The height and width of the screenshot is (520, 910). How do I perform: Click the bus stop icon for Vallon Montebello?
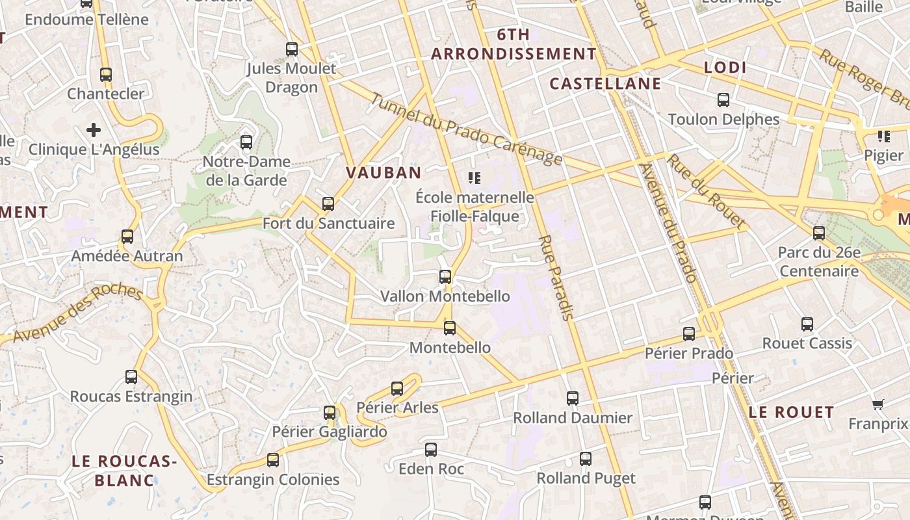(x=445, y=277)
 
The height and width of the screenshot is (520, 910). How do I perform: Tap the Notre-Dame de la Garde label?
(x=246, y=171)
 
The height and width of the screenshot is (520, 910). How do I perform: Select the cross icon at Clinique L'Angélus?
(x=94, y=130)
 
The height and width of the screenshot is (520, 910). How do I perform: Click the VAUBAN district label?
(x=383, y=172)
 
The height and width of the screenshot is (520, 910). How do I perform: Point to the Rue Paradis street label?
(x=556, y=278)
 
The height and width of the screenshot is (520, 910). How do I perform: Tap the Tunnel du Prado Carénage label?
(x=466, y=129)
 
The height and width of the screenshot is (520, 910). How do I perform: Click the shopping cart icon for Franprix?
(x=877, y=405)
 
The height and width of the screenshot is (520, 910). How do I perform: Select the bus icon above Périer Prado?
(x=689, y=334)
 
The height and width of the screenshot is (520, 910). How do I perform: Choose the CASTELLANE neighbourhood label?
(x=604, y=83)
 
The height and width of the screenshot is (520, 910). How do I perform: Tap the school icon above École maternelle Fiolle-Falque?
(x=474, y=177)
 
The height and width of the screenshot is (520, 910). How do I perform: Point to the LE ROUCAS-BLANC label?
(x=124, y=471)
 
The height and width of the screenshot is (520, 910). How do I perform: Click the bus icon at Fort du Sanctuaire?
(x=328, y=204)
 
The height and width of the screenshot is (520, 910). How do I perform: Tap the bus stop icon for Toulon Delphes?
(x=723, y=100)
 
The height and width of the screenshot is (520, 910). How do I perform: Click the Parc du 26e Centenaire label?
(x=819, y=261)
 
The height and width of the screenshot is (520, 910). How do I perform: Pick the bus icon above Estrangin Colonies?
(x=273, y=460)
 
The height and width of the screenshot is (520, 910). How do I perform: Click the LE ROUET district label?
(x=790, y=412)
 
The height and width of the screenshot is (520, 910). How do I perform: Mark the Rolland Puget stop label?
(x=586, y=478)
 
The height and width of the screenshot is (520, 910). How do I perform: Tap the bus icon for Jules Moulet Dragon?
(x=292, y=49)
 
